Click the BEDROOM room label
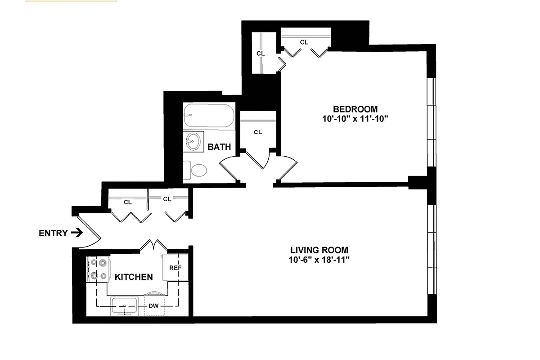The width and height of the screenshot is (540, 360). click(355, 109)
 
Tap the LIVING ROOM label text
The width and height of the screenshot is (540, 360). click(319, 250)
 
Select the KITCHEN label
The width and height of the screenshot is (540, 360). click(134, 277)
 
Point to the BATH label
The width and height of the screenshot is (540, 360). click(219, 147)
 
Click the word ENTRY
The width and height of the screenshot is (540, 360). click(53, 233)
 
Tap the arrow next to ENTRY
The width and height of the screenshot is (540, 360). click(77, 233)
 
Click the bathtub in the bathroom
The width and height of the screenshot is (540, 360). click(208, 116)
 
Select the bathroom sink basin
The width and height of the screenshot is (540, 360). click(193, 141)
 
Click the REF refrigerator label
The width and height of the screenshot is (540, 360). click(175, 268)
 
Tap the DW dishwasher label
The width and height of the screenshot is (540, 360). click(153, 306)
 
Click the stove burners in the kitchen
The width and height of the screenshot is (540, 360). click(98, 269)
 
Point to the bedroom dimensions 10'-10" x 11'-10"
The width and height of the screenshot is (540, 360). click(355, 119)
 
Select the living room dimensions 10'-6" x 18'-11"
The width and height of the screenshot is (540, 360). click(319, 260)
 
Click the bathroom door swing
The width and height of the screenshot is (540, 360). click(228, 169)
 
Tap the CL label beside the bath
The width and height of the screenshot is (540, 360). click(258, 132)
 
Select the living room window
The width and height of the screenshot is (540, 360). click(432, 250)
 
